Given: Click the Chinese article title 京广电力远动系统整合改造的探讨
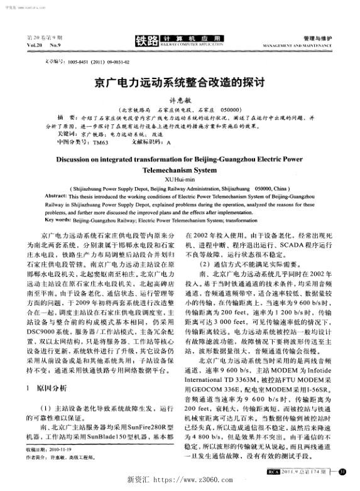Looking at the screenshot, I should (179, 82).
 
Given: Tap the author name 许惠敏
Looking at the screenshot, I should (180, 99).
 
